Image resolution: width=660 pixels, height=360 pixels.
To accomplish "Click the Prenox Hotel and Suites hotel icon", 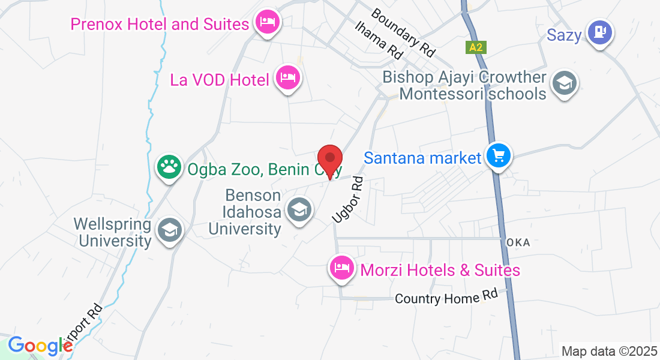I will pyautogui.click(x=266, y=23).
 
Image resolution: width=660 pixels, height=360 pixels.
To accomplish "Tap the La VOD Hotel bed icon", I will pyautogui.click(x=288, y=77).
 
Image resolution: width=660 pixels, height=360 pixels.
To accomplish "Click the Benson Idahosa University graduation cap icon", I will pyautogui.click(x=298, y=210).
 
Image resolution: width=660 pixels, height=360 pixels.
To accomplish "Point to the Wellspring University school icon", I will pyautogui.click(x=170, y=230).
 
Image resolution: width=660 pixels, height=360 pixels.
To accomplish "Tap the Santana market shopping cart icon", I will pyautogui.click(x=498, y=156).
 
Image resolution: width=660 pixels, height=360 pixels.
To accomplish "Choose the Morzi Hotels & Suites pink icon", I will pyautogui.click(x=341, y=268).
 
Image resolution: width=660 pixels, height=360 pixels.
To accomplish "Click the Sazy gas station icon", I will pyautogui.click(x=599, y=31).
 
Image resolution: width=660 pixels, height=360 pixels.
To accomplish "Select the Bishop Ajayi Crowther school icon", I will pyautogui.click(x=564, y=83).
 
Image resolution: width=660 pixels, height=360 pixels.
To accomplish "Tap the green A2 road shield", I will pyautogui.click(x=476, y=47).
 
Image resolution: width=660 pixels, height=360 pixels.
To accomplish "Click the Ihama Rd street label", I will pyautogui.click(x=379, y=40).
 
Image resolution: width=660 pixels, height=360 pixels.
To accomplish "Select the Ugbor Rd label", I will pyautogui.click(x=349, y=200).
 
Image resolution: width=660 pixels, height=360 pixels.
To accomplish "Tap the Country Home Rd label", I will pyautogui.click(x=446, y=298).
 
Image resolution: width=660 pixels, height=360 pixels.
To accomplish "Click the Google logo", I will pyautogui.click(x=40, y=346).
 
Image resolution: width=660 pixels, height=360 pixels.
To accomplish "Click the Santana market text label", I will pyautogui.click(x=423, y=158).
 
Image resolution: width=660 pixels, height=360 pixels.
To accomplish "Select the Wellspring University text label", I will pyautogui.click(x=113, y=233).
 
